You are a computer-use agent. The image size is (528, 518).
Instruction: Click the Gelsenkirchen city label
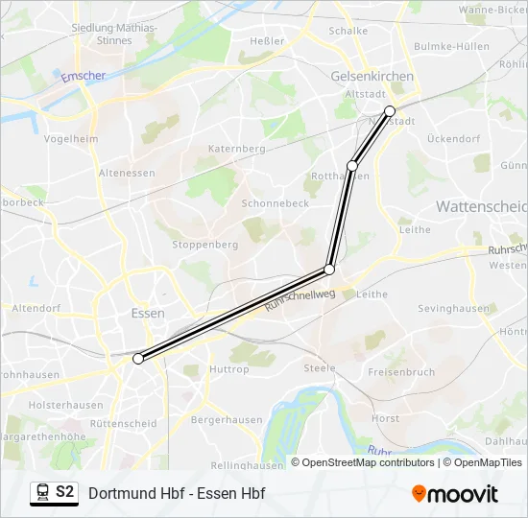pyautogui.click(x=372, y=76)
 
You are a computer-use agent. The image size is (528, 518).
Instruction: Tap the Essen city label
pyautogui.click(x=147, y=313)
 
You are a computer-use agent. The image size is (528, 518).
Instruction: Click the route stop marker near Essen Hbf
pyautogui.click(x=138, y=359)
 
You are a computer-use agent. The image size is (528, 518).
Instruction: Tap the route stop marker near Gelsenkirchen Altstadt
pyautogui.click(x=390, y=111)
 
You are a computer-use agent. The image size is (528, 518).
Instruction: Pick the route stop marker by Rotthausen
pyautogui.click(x=352, y=166)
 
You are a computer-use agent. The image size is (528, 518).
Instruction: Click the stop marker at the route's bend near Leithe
pyautogui.click(x=329, y=270)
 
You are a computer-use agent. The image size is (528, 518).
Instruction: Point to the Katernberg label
pyautogui.click(x=236, y=149)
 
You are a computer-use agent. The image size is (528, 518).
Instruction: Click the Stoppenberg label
pyautogui.click(x=204, y=245)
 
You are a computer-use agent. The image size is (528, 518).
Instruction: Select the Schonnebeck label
pyautogui.click(x=275, y=203)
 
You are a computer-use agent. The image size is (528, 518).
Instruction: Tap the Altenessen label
pyautogui.click(x=126, y=173)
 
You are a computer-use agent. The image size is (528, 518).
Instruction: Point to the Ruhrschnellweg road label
pyautogui.click(x=300, y=300)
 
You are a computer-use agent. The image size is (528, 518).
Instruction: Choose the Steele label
pyautogui.click(x=320, y=367)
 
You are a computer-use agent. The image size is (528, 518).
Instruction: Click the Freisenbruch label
pyautogui.click(x=400, y=371)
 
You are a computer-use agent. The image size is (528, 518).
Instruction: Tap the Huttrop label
pyautogui.click(x=228, y=368)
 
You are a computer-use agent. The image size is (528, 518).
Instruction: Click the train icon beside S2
pyautogui.click(x=42, y=493)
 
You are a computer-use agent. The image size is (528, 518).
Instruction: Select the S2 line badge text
pyautogui.click(x=64, y=493)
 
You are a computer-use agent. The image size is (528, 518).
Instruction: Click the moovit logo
pyautogui.click(x=455, y=494)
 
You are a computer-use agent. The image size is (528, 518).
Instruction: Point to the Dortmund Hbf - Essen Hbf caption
pyautogui.click(x=177, y=494)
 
